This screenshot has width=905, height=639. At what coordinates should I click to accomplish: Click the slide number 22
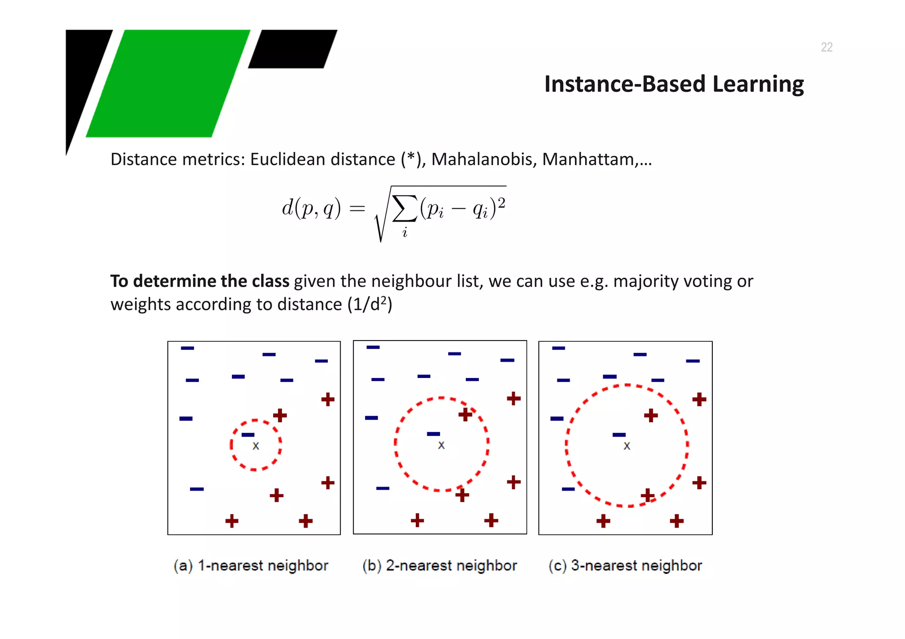point(826,47)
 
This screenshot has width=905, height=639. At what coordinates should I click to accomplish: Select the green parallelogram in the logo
point(168,83)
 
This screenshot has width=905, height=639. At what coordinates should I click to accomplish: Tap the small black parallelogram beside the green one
point(293,49)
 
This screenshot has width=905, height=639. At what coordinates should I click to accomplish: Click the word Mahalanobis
point(484,159)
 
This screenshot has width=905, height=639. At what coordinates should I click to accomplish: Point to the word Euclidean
point(323,159)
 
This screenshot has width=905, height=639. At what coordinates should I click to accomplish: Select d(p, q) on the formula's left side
point(312,208)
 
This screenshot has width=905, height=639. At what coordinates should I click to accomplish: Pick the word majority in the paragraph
point(645,281)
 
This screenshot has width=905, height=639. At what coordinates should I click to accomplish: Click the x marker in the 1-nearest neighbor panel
point(256,446)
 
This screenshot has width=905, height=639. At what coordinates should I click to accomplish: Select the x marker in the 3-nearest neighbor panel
point(627,446)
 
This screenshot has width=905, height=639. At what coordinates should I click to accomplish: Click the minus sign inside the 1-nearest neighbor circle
point(248,435)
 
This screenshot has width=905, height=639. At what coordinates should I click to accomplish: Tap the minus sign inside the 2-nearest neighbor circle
point(433,434)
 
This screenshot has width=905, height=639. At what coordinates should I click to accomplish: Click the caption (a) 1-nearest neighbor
point(251,566)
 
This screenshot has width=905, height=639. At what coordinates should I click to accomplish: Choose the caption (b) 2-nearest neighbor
point(440,566)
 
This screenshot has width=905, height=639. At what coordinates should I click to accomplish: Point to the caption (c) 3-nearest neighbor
point(625,566)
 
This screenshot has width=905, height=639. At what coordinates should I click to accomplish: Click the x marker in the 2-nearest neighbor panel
point(441,445)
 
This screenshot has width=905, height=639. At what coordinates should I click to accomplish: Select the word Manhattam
point(588,159)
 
